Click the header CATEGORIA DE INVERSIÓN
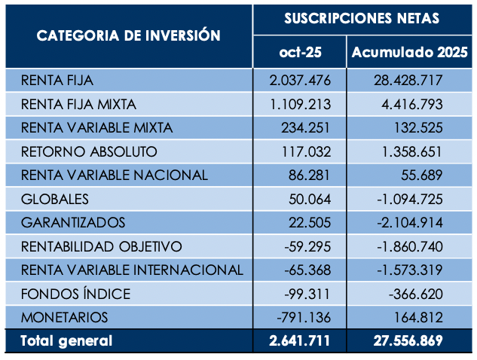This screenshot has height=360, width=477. (x=128, y=35)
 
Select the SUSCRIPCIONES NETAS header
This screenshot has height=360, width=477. (x=362, y=18)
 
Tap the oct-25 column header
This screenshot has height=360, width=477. (x=300, y=53)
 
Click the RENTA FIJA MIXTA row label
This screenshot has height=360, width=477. (x=78, y=104)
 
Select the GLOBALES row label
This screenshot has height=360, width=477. (x=55, y=199)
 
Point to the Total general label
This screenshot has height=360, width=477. (x=66, y=340)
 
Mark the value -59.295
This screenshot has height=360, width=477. (x=305, y=246)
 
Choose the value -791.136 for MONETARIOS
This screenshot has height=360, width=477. (x=302, y=317)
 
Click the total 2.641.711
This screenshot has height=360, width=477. (x=300, y=340)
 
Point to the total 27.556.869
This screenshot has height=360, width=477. (x=408, y=340)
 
